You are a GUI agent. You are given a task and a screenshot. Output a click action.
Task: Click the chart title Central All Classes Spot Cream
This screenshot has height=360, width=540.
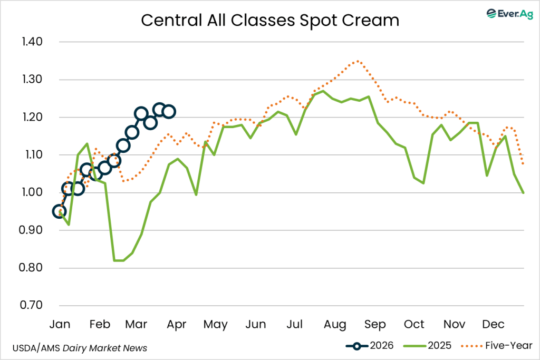point(269,21)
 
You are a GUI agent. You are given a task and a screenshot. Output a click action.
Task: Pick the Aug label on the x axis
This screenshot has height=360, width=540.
point(335,324)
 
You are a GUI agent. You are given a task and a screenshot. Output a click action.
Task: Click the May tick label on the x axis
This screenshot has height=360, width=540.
point(215,324)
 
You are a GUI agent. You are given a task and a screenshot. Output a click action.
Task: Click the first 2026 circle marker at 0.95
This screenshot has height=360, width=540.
point(60,211)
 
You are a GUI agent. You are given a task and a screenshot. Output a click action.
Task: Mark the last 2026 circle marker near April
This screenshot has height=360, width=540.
point(169,112)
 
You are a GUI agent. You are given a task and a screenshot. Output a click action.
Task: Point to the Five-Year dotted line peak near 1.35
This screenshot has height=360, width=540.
point(358,61)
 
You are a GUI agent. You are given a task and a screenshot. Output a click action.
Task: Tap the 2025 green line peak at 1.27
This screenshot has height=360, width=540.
point(323,91)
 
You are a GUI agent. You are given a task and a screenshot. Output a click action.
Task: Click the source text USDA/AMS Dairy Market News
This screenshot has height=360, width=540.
point(79,348)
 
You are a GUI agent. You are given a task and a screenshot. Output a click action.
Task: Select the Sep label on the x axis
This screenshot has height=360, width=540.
point(375,324)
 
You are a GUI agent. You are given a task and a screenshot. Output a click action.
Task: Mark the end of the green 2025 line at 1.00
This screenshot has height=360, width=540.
point(523,192)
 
